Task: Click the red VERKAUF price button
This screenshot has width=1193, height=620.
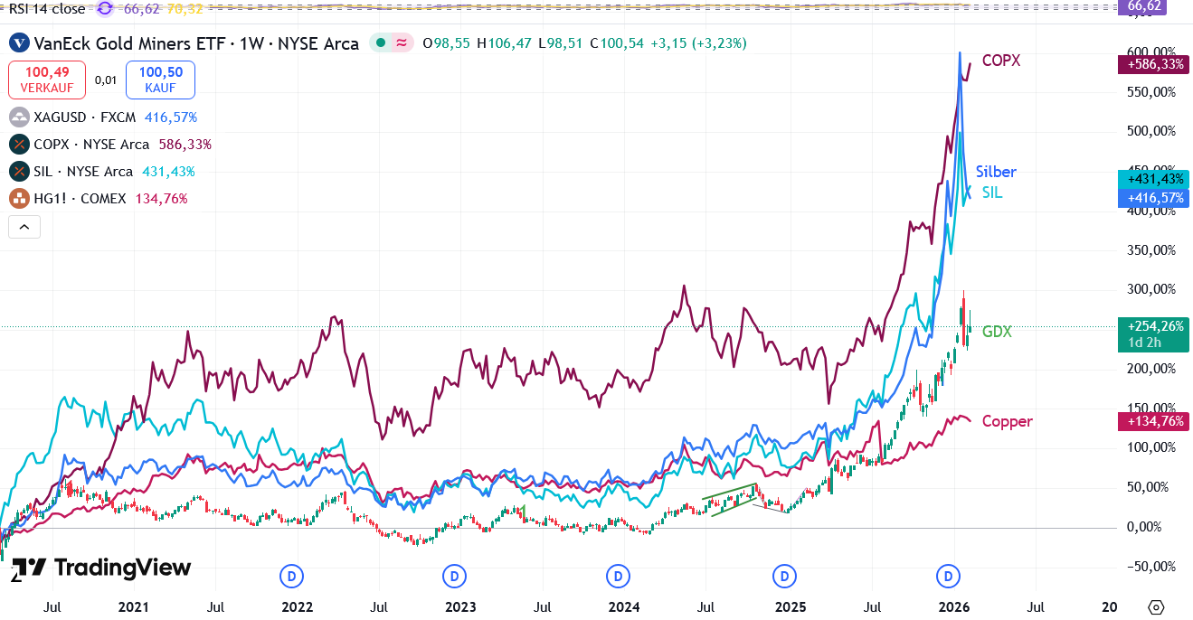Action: click(47, 80)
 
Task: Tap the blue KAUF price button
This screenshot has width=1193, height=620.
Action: click(159, 80)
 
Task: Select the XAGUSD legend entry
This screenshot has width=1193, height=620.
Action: click(102, 117)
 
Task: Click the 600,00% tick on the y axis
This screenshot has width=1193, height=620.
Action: click(1150, 52)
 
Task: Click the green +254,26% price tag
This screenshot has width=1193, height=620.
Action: click(1153, 326)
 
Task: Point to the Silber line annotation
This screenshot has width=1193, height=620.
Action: click(996, 172)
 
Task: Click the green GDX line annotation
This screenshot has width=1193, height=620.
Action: click(997, 333)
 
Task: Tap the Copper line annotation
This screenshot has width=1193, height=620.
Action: click(1007, 421)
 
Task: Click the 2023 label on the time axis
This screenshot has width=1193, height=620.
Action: click(460, 606)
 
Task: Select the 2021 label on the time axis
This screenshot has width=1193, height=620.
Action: click(133, 606)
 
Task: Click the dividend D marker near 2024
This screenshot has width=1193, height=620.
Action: click(618, 576)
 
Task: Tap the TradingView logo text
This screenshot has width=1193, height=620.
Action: click(123, 568)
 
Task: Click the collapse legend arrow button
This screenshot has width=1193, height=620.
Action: click(24, 227)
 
